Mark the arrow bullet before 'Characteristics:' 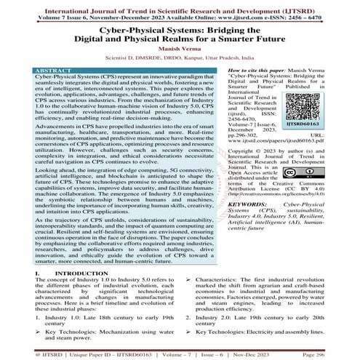coord(188,260)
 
